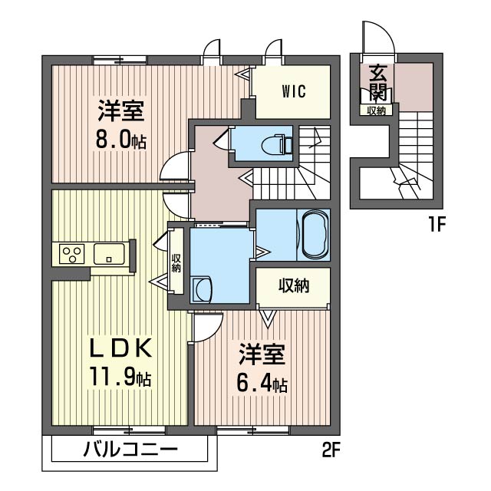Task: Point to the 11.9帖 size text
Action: click(x=119, y=377)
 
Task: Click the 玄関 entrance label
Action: click(x=377, y=83)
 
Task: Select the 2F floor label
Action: click(x=331, y=449)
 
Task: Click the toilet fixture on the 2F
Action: click(x=273, y=143)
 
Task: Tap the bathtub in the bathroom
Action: click(x=315, y=235)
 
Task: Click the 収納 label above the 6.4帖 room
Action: click(x=292, y=286)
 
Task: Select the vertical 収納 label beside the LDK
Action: click(x=176, y=264)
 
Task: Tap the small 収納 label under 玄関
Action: click(x=376, y=110)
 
